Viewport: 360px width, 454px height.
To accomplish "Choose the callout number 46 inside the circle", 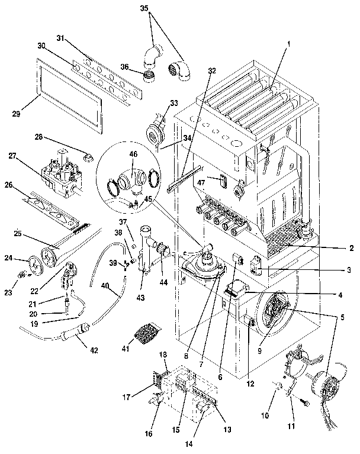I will click(x=133, y=154).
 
